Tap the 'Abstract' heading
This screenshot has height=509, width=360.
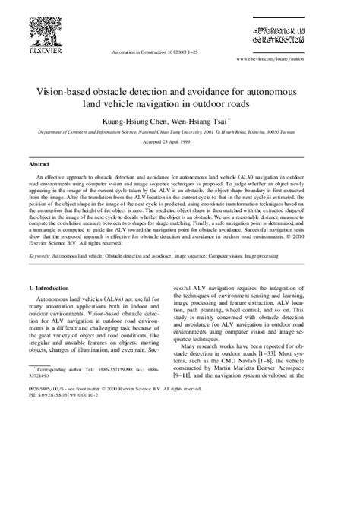click(39, 163)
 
